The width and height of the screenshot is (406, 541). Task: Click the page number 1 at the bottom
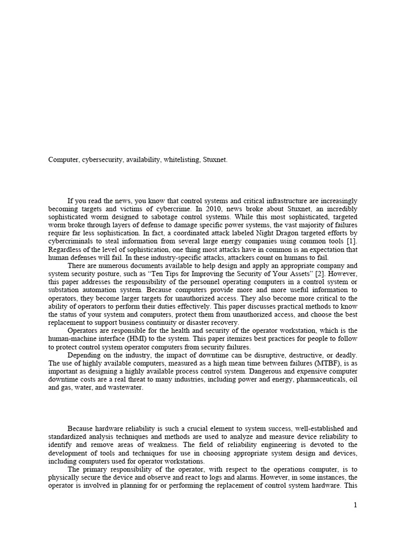pos(355,505)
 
